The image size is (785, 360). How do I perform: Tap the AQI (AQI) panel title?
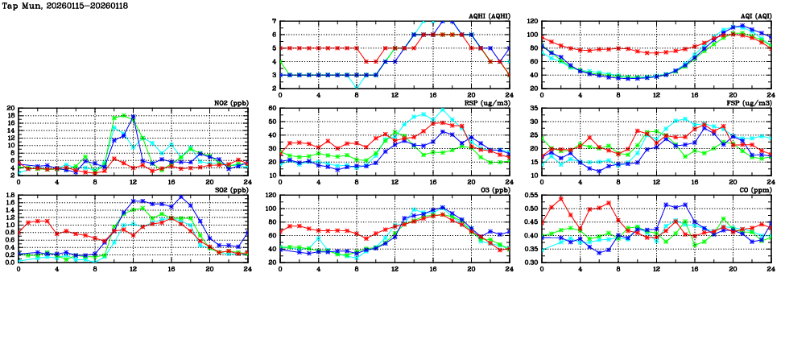click(x=754, y=16)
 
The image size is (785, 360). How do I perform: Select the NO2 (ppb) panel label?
click(x=232, y=102)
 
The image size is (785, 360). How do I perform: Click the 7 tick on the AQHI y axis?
click(x=275, y=21)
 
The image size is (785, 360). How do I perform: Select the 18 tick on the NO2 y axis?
click(x=10, y=115)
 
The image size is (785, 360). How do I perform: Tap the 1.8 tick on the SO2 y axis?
click(x=9, y=195)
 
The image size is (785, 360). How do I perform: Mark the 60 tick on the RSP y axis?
click(x=273, y=108)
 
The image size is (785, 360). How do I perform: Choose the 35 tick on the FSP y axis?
click(x=535, y=108)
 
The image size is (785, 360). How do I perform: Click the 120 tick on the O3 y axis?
click(x=271, y=195)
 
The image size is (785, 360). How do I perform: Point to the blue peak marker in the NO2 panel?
click(x=132, y=118)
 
